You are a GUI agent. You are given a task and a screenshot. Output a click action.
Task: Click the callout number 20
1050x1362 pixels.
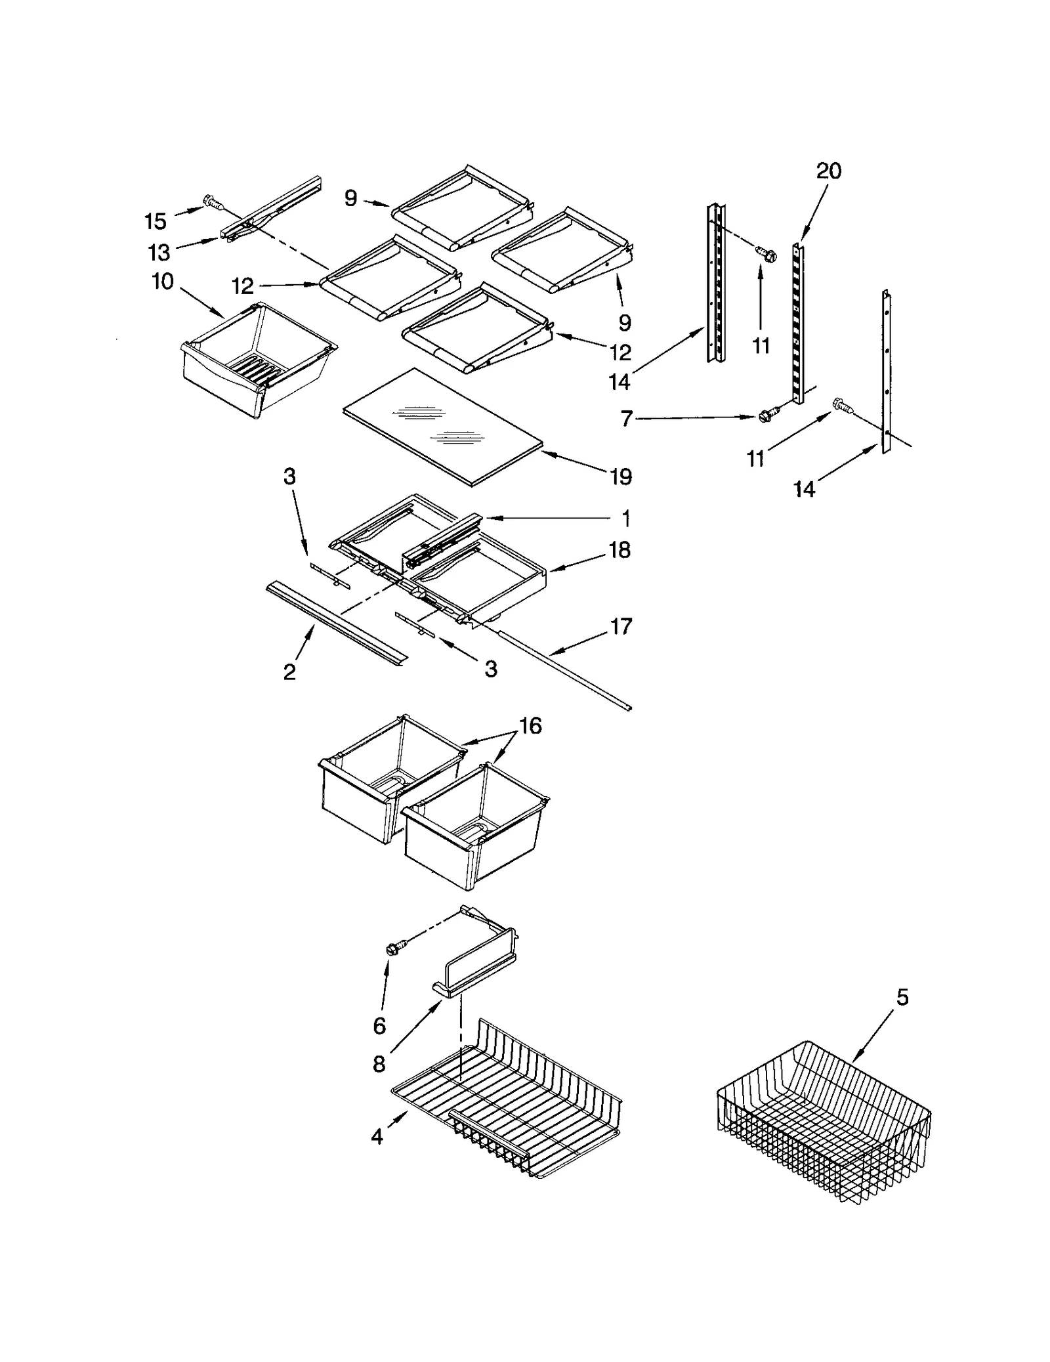tap(828, 171)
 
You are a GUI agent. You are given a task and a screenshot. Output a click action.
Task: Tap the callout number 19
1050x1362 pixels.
tap(619, 477)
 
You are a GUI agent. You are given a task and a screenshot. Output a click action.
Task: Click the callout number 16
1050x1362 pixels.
tap(530, 726)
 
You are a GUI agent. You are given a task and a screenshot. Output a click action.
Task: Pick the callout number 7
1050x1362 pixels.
tap(627, 418)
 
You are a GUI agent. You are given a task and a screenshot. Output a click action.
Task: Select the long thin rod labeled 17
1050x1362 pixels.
tap(564, 670)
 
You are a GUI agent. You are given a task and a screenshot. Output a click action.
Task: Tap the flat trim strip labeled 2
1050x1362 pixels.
tap(335, 620)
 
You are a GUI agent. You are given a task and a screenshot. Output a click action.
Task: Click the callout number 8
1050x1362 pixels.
tap(379, 1065)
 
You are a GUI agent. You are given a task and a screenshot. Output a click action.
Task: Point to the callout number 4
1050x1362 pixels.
tap(377, 1137)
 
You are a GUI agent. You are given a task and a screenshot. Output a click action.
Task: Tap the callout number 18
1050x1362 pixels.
tap(619, 550)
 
